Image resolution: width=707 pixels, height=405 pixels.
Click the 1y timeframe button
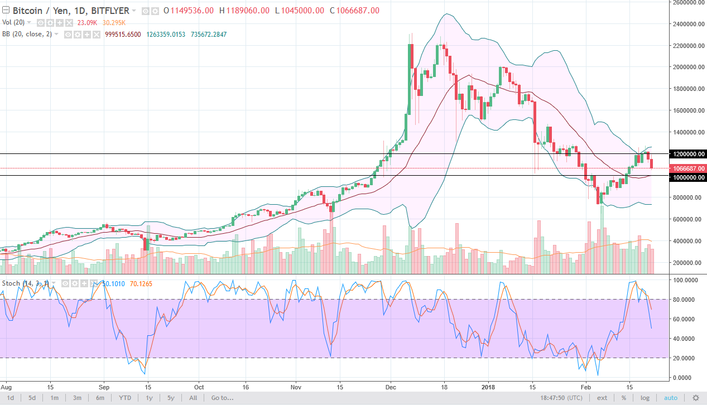coord(149,398)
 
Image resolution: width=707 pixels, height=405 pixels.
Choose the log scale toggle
coord(645,398)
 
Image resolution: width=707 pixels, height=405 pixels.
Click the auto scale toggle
coord(670,398)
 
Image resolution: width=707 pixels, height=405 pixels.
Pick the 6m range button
coord(100,398)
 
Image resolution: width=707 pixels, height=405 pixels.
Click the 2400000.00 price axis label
coord(687,24)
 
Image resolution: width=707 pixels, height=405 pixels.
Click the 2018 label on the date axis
coord(488,386)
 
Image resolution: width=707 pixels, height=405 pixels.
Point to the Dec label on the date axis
coord(391,386)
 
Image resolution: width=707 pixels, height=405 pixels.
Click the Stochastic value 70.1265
coord(141,283)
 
